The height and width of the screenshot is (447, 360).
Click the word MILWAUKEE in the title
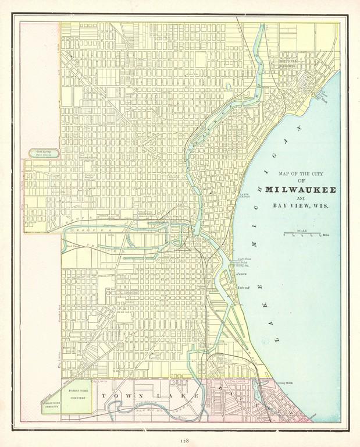click(300, 190)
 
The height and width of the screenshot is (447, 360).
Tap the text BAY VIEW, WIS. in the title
click(300, 205)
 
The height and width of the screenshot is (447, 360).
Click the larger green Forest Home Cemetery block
click(77, 396)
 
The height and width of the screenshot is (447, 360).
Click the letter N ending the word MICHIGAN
click(301, 127)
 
